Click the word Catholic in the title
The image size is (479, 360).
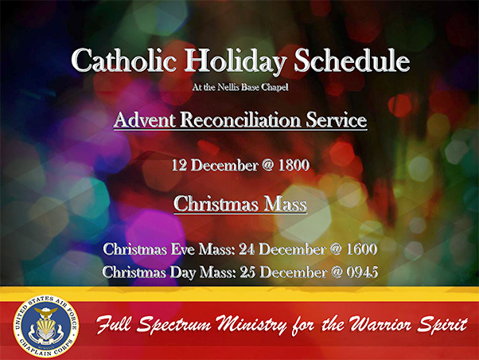click(x=123, y=60)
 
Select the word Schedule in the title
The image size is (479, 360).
click(x=352, y=60)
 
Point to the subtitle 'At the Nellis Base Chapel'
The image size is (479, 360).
click(x=240, y=88)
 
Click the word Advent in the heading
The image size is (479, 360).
click(x=145, y=119)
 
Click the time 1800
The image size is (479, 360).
click(x=294, y=166)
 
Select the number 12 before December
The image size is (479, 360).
click(x=179, y=166)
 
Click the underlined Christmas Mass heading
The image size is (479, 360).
click(x=240, y=204)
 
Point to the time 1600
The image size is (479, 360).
click(x=361, y=249)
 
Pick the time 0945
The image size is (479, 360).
click(x=362, y=272)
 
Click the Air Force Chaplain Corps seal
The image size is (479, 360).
click(x=46, y=327)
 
